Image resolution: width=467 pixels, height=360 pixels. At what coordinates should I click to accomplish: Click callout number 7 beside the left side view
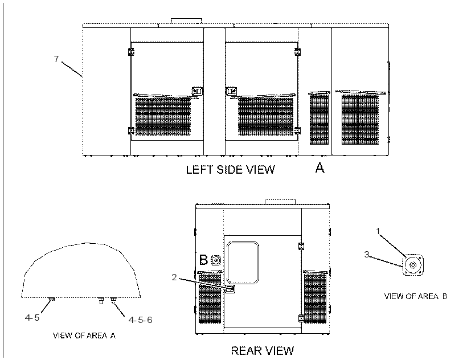[x=56, y=59]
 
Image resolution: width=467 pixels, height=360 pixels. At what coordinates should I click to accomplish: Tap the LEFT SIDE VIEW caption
[x=230, y=169]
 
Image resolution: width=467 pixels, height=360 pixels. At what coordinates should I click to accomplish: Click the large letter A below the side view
[x=320, y=168]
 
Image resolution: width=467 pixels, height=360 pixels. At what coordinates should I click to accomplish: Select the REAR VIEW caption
[x=263, y=350]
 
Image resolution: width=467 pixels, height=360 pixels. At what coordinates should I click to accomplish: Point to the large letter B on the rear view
[x=203, y=260]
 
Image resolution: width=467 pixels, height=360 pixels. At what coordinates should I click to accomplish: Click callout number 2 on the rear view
[x=174, y=277]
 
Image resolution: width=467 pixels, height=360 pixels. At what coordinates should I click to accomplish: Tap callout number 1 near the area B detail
[x=378, y=231]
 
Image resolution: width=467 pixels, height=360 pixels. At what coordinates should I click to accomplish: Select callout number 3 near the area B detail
[x=367, y=254]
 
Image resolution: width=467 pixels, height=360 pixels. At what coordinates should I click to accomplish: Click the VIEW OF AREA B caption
[x=416, y=296]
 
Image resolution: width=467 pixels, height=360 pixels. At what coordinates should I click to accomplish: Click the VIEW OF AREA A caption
[x=84, y=336]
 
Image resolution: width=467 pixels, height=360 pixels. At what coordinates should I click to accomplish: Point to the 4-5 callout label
[x=32, y=318]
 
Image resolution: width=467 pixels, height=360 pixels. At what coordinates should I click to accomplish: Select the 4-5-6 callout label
[x=140, y=320]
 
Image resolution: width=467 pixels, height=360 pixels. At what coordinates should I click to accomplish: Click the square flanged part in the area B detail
[x=413, y=265]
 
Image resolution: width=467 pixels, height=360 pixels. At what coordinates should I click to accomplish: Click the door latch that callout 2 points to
[x=231, y=289]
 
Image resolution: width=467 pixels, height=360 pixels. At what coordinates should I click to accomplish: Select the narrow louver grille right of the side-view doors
[x=319, y=118]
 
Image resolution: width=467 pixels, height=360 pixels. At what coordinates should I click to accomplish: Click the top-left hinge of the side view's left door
[x=131, y=52]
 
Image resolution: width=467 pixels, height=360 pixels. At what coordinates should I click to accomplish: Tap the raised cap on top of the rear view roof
[x=280, y=202]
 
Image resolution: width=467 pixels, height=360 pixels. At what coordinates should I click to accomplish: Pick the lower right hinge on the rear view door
[x=301, y=318]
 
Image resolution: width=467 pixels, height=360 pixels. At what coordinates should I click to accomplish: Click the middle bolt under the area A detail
[x=101, y=301]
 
